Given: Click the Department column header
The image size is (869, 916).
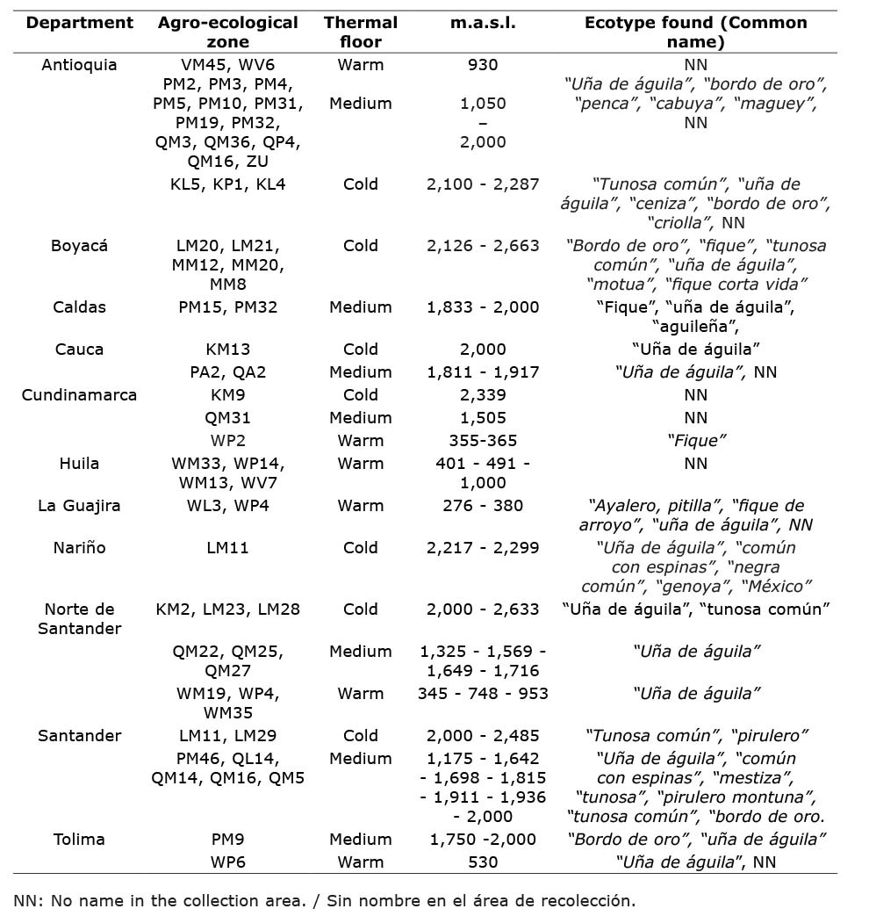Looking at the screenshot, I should point(79,23).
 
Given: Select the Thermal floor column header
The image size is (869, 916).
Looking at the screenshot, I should point(360,32).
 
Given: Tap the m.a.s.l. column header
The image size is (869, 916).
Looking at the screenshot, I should point(483,23).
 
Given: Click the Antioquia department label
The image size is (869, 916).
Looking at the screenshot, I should point(79,65).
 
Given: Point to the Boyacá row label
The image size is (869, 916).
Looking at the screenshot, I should point(79,246).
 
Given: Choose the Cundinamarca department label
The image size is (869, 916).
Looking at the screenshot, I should point(79,395).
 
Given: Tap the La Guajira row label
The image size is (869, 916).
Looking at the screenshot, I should point(79,506).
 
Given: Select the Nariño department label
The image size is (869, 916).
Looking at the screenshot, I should point(79,548).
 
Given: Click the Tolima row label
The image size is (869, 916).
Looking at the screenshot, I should point(79,840).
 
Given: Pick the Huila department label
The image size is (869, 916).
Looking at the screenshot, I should point(79,464).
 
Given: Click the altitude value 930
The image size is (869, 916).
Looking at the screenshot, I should point(483,65).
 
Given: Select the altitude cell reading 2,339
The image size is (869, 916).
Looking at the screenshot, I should point(483,395).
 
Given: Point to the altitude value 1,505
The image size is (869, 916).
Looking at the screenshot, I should point(483,418).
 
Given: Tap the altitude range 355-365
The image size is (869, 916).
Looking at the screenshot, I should point(483,441).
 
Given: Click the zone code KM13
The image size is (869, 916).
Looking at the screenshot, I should point(227,350).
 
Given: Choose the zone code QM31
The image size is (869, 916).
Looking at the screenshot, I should point(227,418).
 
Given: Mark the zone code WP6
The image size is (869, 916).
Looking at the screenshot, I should point(227,862).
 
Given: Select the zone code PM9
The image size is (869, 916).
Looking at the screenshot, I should point(227,840).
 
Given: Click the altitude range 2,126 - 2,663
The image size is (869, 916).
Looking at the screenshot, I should point(483,246).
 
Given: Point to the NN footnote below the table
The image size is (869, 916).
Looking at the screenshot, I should point(324,900).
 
